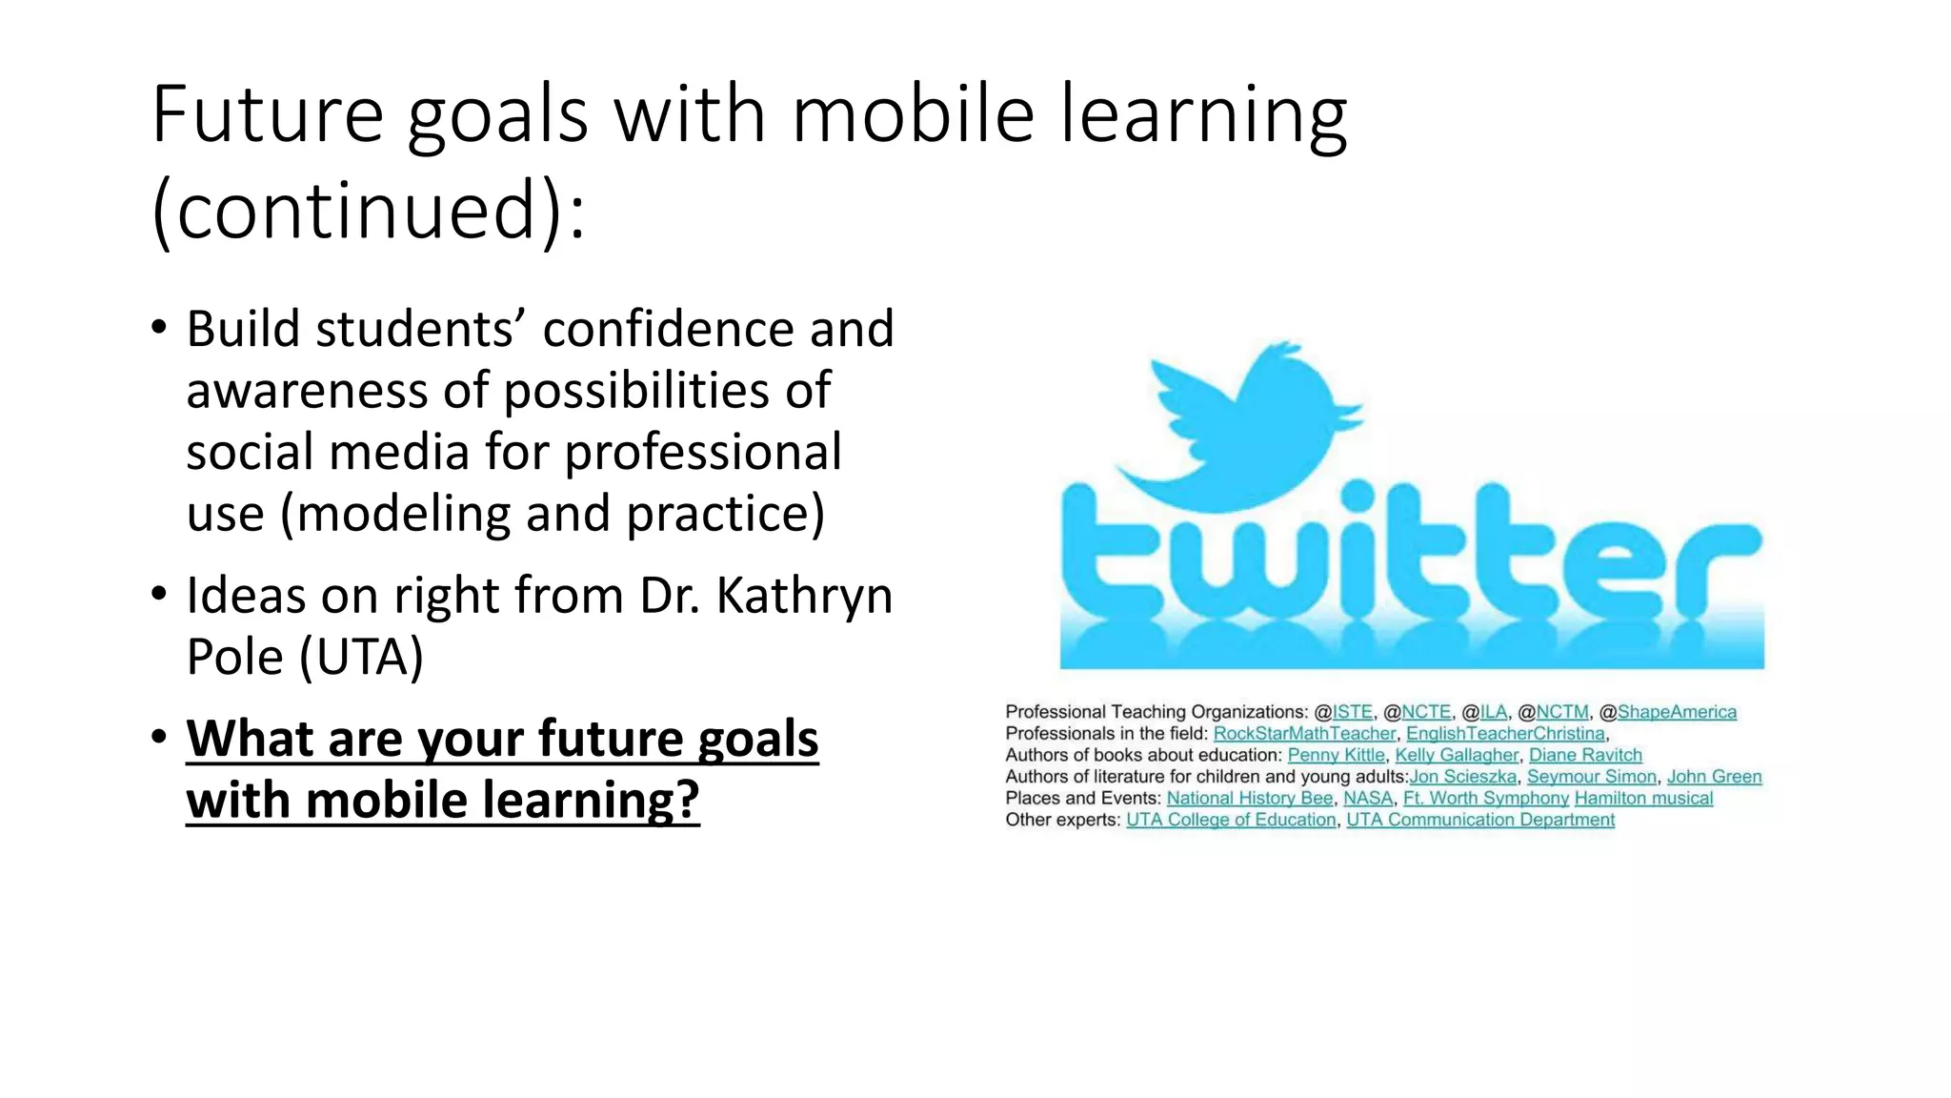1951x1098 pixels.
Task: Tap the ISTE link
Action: point(1352,712)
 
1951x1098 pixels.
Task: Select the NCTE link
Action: point(1425,712)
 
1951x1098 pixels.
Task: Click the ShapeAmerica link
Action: point(1677,712)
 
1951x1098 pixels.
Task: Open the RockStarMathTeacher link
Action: point(1304,734)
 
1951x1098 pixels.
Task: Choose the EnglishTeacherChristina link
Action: point(1505,734)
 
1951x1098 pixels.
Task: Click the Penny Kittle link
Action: point(1336,755)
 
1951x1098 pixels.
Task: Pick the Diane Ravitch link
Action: point(1585,755)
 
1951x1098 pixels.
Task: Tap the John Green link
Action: point(1714,777)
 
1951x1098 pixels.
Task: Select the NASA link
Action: point(1368,799)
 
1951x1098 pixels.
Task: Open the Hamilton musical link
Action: point(1643,799)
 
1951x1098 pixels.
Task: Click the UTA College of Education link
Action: point(1231,820)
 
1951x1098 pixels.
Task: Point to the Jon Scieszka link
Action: point(1462,777)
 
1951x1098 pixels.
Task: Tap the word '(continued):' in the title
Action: point(368,212)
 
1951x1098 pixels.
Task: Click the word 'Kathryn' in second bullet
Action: point(803,597)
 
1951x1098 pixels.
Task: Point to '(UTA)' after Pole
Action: point(362,658)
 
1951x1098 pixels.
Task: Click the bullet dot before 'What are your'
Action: point(159,736)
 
